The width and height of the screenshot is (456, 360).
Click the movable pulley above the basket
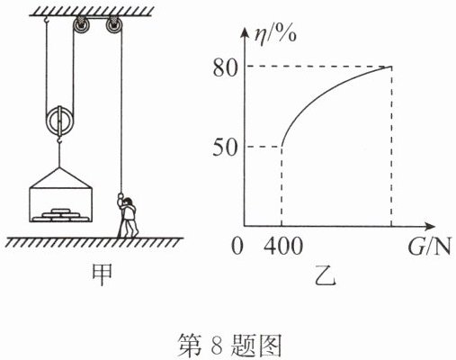(59, 121)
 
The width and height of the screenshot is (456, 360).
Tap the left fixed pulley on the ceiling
(81, 26)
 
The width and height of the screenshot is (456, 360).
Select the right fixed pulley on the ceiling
(114, 26)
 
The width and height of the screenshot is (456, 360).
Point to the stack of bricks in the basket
(61, 215)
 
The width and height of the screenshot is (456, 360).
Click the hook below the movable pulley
(59, 139)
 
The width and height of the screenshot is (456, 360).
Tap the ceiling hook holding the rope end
(46, 20)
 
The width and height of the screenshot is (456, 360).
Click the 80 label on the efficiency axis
(225, 68)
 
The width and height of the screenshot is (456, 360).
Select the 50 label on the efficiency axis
(225, 148)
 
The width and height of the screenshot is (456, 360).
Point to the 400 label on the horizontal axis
(283, 247)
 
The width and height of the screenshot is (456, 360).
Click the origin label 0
(237, 247)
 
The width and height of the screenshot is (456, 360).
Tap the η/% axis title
(275, 36)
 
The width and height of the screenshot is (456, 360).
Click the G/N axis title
(430, 247)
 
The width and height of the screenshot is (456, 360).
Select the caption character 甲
(103, 274)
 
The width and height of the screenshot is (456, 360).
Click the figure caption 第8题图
(230, 346)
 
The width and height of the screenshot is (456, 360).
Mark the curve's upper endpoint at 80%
(391, 67)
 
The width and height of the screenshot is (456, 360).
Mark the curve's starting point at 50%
(282, 147)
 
